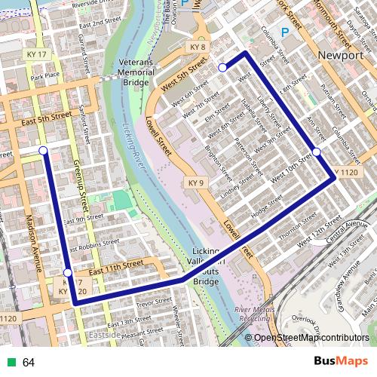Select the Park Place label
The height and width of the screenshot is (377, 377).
(x=45, y=77)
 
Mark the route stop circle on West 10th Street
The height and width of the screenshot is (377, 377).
(x=317, y=152)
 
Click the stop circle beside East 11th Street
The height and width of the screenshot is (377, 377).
(x=68, y=273)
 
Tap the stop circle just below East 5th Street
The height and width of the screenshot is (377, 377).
(x=43, y=151)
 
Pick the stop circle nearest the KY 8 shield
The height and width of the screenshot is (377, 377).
(x=222, y=68)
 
